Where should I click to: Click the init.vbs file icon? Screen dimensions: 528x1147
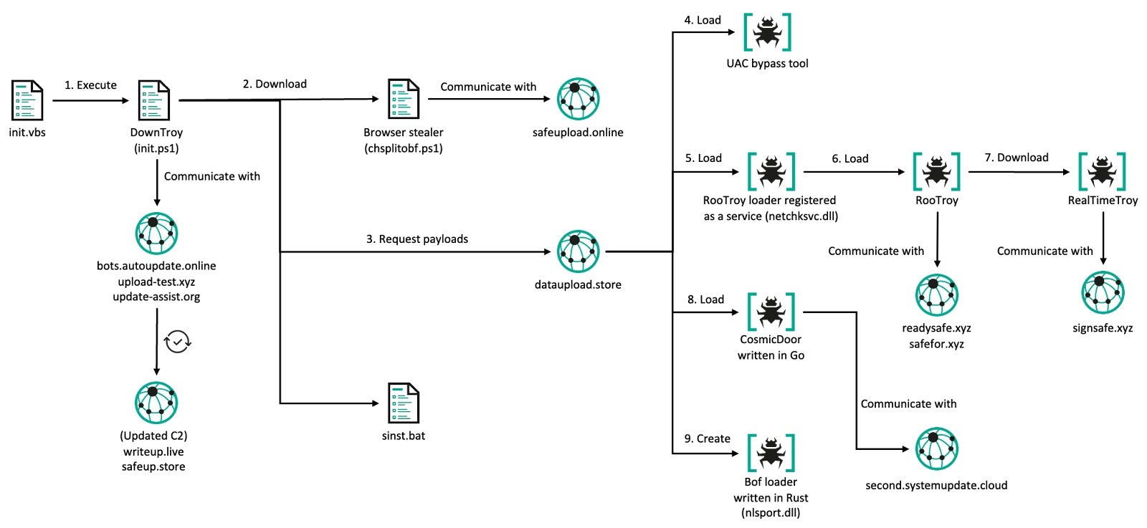(27, 100)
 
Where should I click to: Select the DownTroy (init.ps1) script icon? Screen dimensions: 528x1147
(154, 100)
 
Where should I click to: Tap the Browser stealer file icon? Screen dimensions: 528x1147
(403, 99)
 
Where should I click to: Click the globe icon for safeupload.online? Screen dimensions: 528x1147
(578, 99)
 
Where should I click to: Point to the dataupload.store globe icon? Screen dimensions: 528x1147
(578, 251)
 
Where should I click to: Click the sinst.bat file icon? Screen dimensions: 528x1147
(403, 403)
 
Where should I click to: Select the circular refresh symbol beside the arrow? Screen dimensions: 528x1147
(178, 341)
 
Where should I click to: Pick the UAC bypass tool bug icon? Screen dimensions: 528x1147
(767, 32)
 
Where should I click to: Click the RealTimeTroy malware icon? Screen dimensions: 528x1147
(1102, 171)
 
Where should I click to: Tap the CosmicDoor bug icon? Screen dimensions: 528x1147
(771, 312)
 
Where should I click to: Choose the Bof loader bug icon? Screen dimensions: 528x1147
(771, 453)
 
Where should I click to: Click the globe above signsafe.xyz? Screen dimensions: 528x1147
(1103, 293)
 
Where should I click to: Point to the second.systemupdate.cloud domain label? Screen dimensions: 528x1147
(936, 486)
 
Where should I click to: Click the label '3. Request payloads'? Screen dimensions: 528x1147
(417, 239)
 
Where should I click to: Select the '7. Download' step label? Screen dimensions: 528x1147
(1016, 158)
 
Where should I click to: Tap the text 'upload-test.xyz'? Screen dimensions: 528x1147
(156, 282)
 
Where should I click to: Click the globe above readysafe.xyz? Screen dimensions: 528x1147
(936, 294)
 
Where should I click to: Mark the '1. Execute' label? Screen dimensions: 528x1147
(90, 85)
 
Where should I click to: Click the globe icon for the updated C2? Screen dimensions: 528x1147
(156, 403)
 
